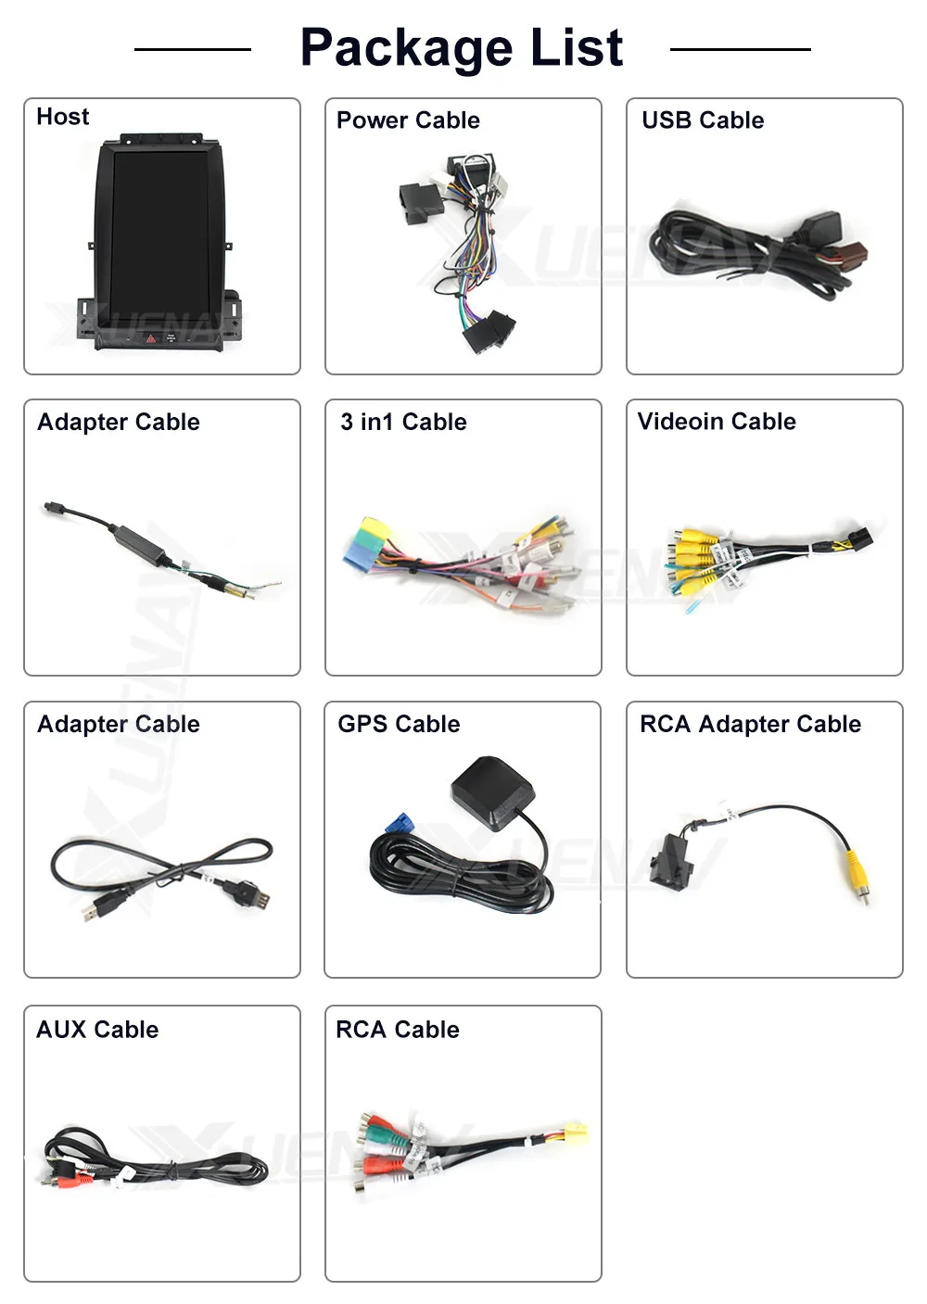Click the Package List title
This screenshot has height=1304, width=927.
click(462, 48)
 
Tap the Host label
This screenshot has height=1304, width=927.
click(63, 117)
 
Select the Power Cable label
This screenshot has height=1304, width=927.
click(408, 120)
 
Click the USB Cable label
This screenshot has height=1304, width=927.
click(703, 120)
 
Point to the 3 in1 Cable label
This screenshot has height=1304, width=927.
click(403, 423)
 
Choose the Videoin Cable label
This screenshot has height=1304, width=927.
click(717, 422)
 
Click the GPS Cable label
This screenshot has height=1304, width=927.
click(399, 724)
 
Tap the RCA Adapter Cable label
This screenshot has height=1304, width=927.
click(750, 724)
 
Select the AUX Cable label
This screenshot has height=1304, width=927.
click(97, 1030)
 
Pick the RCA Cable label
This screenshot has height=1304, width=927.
click(398, 1030)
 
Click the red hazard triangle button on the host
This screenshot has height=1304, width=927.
click(151, 339)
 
